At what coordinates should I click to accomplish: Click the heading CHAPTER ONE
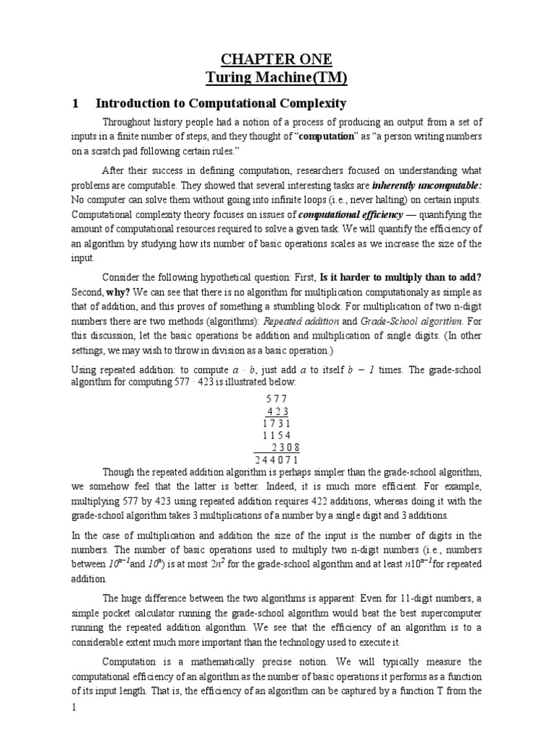click(276, 59)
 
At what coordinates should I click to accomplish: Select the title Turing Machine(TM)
click(276, 77)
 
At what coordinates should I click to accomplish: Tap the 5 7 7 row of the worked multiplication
click(276, 398)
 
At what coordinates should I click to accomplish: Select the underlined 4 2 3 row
click(278, 411)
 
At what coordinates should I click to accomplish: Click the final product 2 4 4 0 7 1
click(277, 460)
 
